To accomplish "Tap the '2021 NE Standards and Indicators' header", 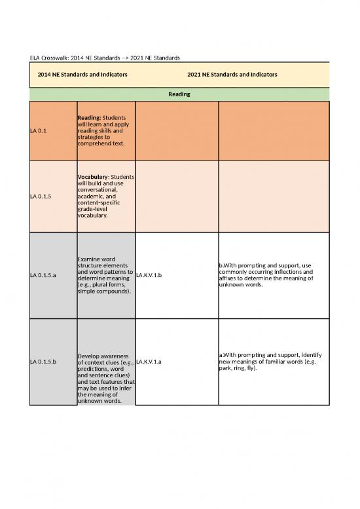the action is [x=232, y=75].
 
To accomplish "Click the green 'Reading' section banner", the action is [x=179, y=94].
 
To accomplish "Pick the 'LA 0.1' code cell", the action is [x=39, y=130].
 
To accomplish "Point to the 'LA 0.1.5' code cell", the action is [x=41, y=195].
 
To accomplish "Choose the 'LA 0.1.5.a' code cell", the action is [x=43, y=275].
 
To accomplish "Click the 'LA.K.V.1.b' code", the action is [x=150, y=275].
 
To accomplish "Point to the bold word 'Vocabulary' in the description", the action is [x=92, y=176].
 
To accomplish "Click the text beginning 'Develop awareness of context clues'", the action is [x=105, y=358].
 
